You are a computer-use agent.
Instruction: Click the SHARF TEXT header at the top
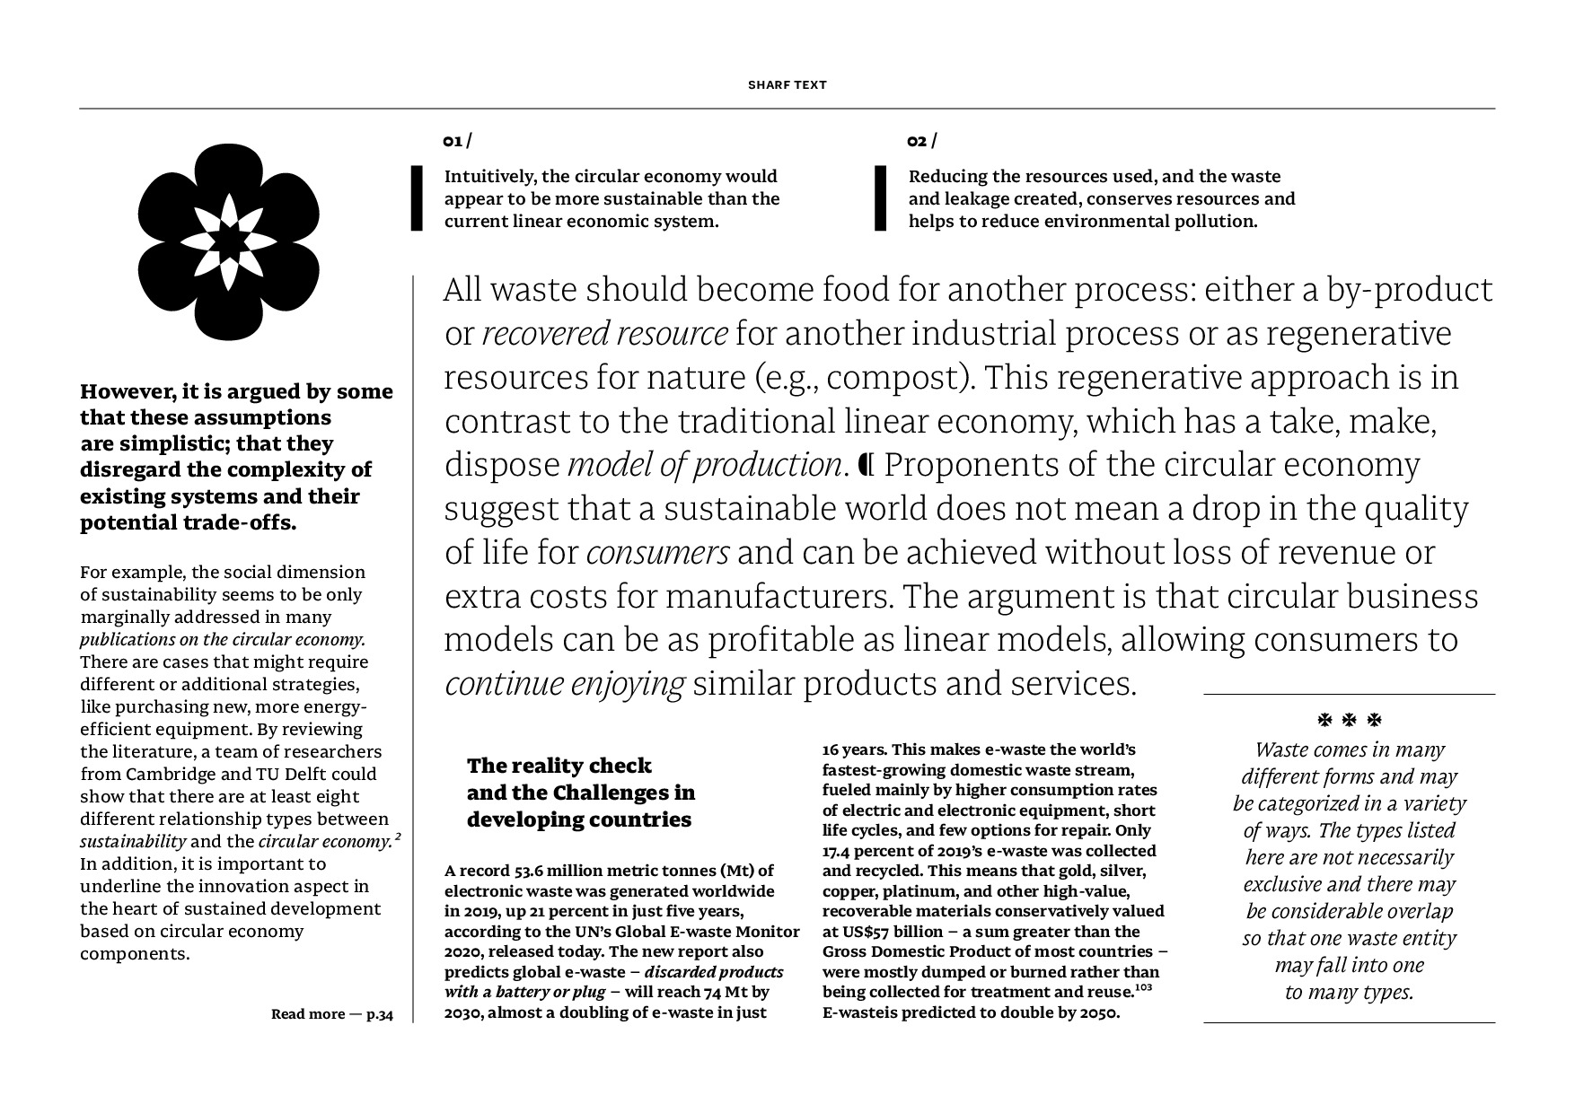tap(787, 85)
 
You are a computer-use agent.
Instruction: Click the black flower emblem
tap(228, 241)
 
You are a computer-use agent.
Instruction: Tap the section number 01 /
tap(456, 141)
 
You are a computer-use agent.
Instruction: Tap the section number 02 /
tap(920, 141)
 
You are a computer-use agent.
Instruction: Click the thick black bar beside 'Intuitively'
tap(417, 198)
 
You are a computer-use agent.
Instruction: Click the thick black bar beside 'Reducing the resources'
tap(880, 198)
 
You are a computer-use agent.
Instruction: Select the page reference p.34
tap(379, 1014)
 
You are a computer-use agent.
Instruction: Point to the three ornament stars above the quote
tap(1349, 720)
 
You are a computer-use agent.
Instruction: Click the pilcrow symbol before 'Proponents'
tap(867, 465)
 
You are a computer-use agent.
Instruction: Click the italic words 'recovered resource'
tap(604, 334)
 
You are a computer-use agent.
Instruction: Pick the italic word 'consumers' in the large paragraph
tap(657, 553)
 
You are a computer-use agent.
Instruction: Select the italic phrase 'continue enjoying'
tap(565, 685)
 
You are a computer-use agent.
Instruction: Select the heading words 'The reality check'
tap(559, 766)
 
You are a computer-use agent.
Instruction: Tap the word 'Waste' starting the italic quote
tap(1281, 750)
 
